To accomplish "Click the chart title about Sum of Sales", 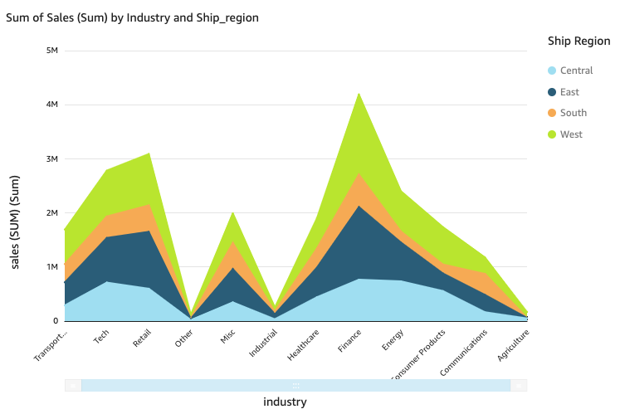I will click(x=132, y=17).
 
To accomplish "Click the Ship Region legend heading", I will click(x=579, y=41).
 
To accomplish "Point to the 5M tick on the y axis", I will click(x=51, y=51).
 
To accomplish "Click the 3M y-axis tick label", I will click(x=51, y=158).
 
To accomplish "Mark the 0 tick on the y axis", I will click(x=56, y=321).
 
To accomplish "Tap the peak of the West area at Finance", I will click(x=359, y=93).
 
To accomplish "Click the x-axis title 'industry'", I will click(x=285, y=402).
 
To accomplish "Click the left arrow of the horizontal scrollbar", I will click(x=73, y=386).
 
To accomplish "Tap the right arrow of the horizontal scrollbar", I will click(x=519, y=386).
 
